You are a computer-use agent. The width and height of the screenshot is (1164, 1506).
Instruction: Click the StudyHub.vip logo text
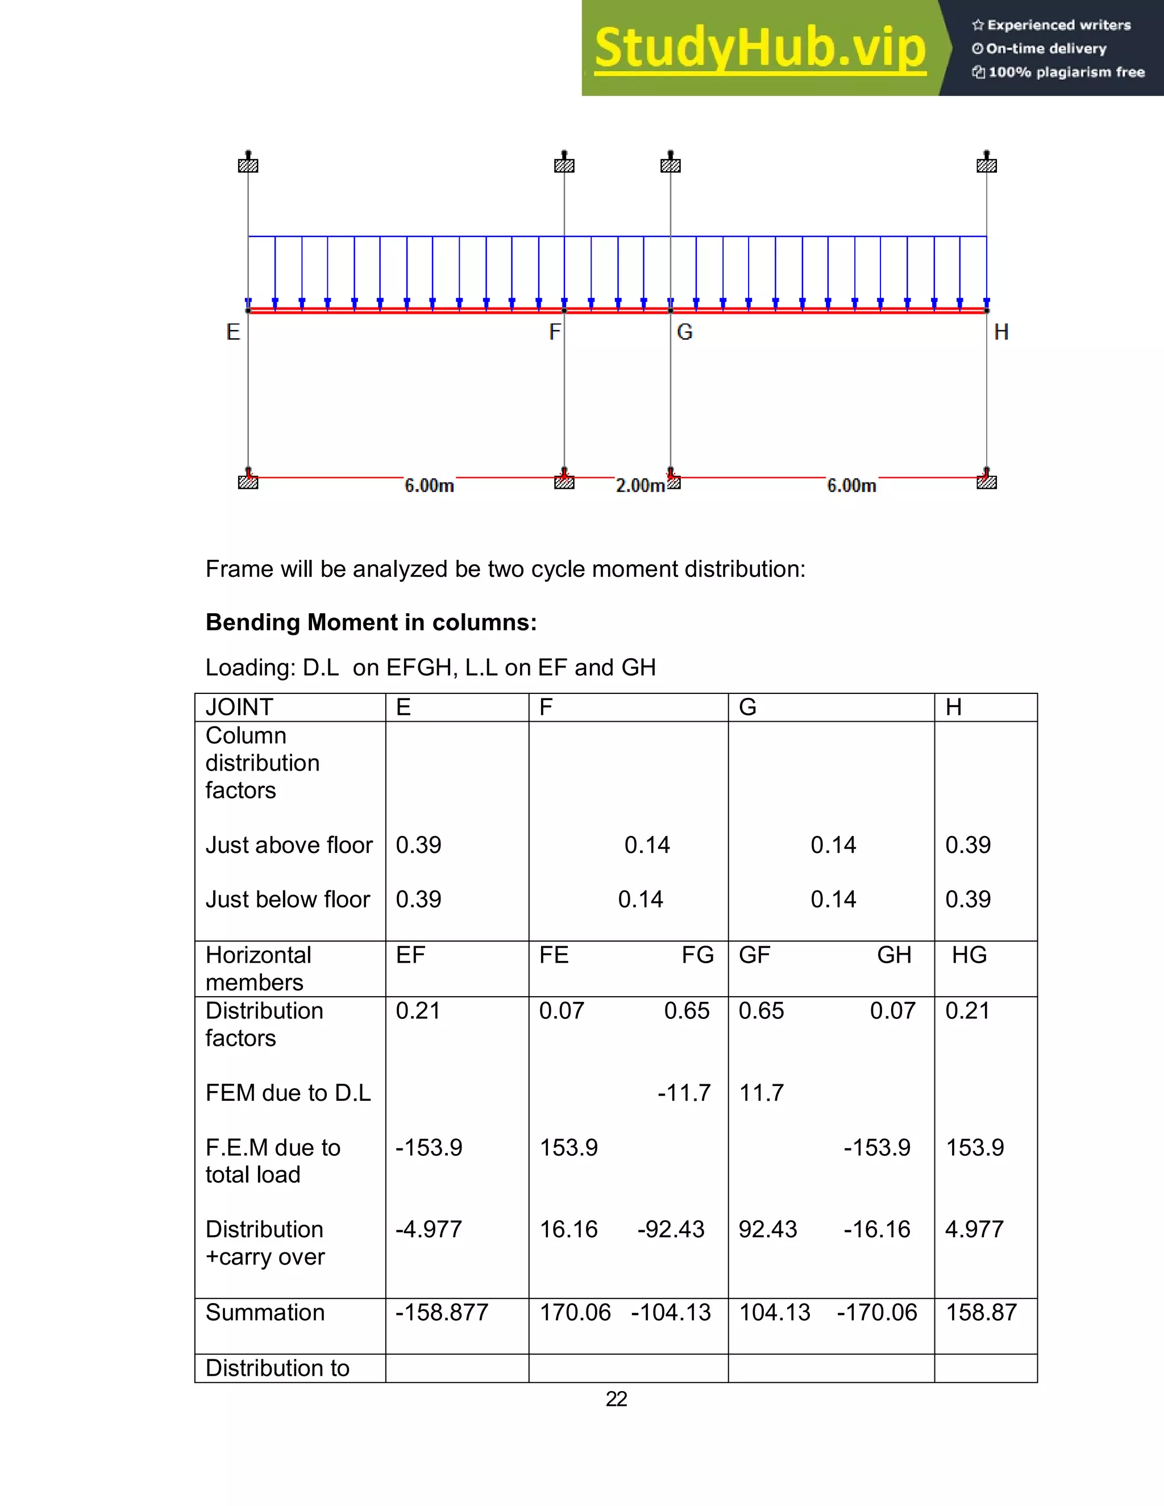point(759,48)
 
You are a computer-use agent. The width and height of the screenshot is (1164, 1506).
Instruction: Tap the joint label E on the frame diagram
point(233,332)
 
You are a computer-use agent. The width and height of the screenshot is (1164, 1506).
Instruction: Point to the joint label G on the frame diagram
point(685,332)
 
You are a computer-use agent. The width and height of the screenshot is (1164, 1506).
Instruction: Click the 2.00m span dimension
point(640,485)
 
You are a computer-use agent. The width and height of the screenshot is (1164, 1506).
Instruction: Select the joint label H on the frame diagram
point(1001,332)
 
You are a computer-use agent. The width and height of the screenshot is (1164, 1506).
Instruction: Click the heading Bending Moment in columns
point(371,623)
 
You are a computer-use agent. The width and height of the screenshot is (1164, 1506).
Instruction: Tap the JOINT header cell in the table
point(239,708)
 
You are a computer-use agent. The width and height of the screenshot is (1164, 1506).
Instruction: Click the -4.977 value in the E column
point(428,1229)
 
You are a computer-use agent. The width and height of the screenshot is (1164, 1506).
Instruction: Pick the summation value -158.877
point(441,1312)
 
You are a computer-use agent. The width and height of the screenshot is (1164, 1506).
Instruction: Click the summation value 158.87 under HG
point(980,1312)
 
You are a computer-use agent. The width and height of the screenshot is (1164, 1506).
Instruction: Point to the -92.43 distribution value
point(670,1229)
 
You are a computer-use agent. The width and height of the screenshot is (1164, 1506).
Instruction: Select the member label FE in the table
point(554,955)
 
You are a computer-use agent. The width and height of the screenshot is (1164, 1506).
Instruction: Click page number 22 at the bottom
point(616,1399)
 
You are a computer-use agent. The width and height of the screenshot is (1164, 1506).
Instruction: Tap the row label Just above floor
point(289,846)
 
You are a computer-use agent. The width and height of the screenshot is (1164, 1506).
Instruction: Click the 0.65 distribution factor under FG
point(686,1011)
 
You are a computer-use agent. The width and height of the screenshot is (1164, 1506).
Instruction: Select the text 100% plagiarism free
point(1066,72)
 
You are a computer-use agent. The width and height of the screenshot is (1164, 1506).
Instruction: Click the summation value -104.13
point(670,1312)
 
